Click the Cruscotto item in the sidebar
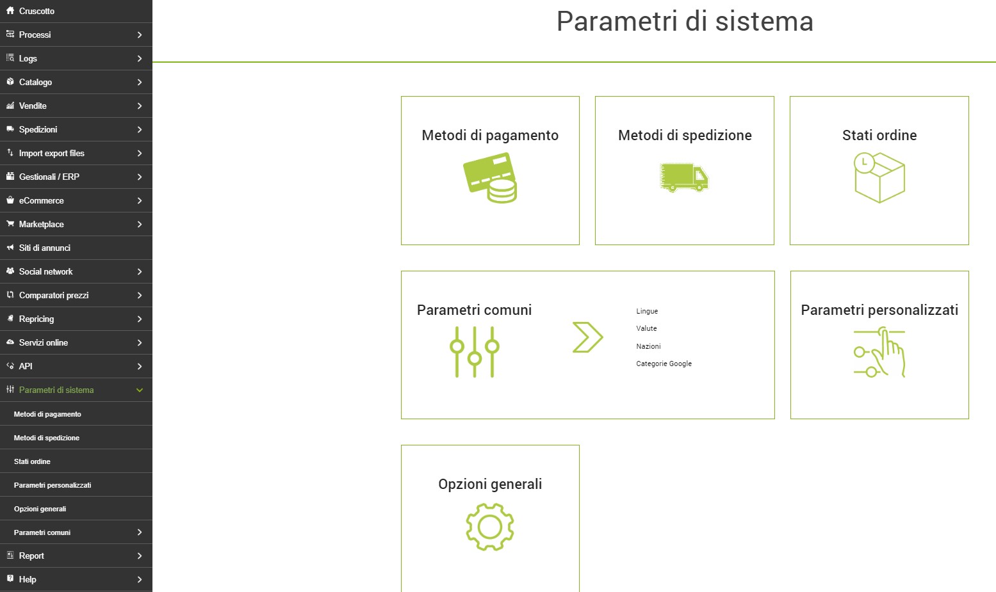point(37,11)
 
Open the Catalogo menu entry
point(35,82)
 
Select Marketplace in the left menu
point(42,225)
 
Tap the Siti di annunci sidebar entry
point(44,248)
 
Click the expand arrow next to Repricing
point(140,319)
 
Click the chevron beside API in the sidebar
point(140,367)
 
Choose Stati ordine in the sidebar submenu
point(32,462)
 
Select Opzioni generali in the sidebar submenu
point(40,509)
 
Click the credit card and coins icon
point(490,178)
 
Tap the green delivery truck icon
point(684,177)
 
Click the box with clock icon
point(879,178)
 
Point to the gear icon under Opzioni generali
point(490,527)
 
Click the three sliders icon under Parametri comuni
point(475,352)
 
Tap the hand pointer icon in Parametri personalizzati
point(879,352)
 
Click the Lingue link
point(647,311)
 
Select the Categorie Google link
point(664,364)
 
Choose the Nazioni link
point(648,346)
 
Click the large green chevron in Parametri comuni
point(588,337)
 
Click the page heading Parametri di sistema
point(685,21)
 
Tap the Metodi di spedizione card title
point(685,135)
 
